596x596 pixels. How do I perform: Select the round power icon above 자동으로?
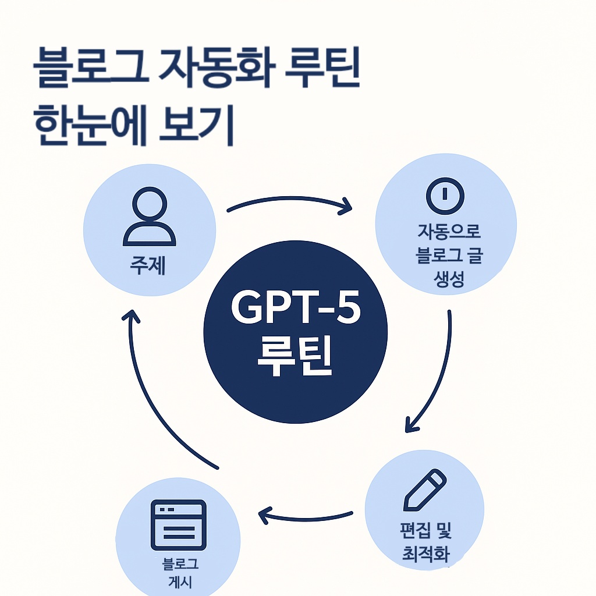[445, 195]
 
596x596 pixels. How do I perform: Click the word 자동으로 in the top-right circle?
[448, 231]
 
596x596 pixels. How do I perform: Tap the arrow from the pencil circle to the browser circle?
[305, 515]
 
